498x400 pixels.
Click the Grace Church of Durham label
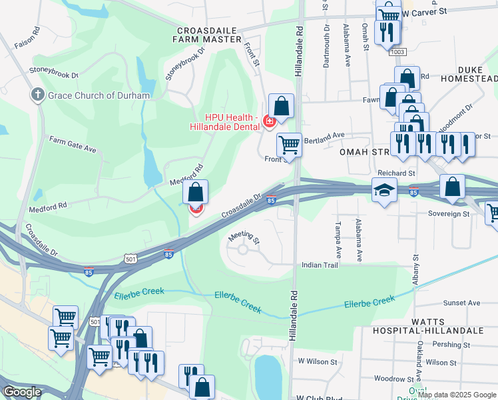pyautogui.click(x=99, y=95)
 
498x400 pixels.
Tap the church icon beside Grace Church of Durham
pyautogui.click(x=38, y=95)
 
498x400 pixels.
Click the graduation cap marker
pyautogui.click(x=384, y=191)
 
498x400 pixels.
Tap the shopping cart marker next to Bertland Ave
pyautogui.click(x=289, y=143)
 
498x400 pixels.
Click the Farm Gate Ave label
pyautogui.click(x=73, y=143)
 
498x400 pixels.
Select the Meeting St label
pyautogui.click(x=244, y=237)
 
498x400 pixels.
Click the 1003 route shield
pyautogui.click(x=398, y=51)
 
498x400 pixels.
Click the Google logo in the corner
pyautogui.click(x=22, y=392)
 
